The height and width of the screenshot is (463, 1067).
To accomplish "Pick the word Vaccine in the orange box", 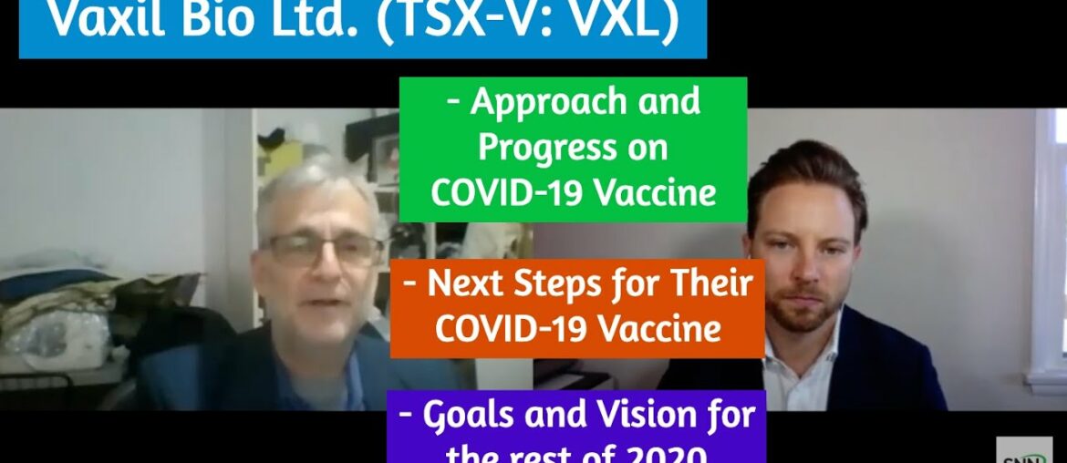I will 656,329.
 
